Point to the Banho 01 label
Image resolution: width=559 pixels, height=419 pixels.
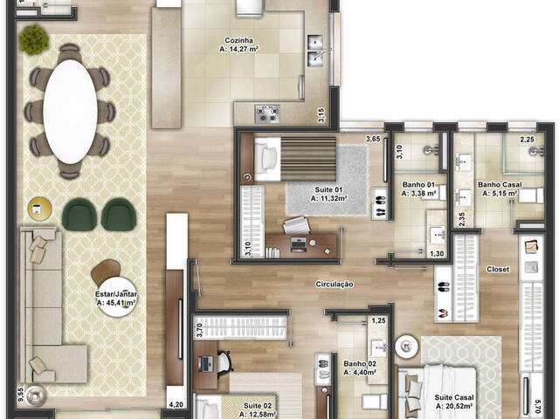click(x=418, y=189)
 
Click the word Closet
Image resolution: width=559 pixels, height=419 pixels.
click(x=498, y=270)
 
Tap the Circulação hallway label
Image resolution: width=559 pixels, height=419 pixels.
click(x=335, y=284)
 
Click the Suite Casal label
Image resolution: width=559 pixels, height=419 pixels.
click(x=453, y=402)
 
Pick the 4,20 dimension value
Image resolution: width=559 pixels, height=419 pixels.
click(x=175, y=404)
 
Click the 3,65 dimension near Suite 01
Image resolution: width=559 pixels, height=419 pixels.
click(x=372, y=138)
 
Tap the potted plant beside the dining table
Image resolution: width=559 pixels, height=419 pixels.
click(x=36, y=38)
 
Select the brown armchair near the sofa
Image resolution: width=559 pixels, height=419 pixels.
click(x=105, y=271)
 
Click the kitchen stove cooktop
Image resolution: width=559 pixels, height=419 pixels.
click(x=266, y=113)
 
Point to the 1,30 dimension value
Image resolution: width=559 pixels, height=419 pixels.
click(x=437, y=254)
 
